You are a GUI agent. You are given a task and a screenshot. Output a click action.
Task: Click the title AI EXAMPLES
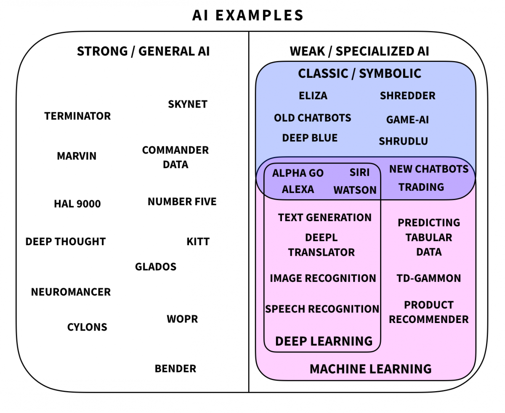[x=248, y=16]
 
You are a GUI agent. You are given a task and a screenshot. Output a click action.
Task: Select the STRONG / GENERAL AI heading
[x=143, y=51]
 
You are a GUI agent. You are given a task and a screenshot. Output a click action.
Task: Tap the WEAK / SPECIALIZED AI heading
[x=359, y=51]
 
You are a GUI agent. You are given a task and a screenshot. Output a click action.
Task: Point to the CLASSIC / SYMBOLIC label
[x=359, y=74]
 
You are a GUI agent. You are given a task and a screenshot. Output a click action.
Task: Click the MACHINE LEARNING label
[x=370, y=369]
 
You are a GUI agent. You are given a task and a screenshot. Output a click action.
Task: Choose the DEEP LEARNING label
[x=324, y=341]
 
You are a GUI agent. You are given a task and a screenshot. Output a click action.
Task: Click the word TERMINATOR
[x=77, y=116]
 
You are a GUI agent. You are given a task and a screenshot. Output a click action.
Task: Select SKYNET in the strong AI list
[x=188, y=104]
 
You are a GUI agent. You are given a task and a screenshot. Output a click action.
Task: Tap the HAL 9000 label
[x=77, y=204]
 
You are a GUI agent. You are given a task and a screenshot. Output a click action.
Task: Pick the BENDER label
[x=175, y=369]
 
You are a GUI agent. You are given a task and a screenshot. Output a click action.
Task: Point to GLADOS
[x=156, y=267]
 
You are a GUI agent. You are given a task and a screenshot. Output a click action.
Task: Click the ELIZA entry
[x=313, y=96]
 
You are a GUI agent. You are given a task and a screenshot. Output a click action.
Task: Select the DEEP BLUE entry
[x=310, y=138]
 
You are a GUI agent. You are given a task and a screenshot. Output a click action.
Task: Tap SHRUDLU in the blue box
[x=403, y=141]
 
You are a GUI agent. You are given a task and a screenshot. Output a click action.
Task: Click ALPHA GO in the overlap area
[x=298, y=173]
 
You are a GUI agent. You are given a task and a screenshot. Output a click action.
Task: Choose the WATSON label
[x=355, y=190]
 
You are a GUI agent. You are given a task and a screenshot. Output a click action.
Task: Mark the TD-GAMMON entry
[x=428, y=278]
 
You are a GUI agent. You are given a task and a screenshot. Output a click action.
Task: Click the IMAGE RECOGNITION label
[x=323, y=278]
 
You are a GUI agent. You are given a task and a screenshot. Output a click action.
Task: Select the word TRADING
[x=421, y=187]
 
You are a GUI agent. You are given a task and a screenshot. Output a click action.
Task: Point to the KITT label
[x=198, y=242]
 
